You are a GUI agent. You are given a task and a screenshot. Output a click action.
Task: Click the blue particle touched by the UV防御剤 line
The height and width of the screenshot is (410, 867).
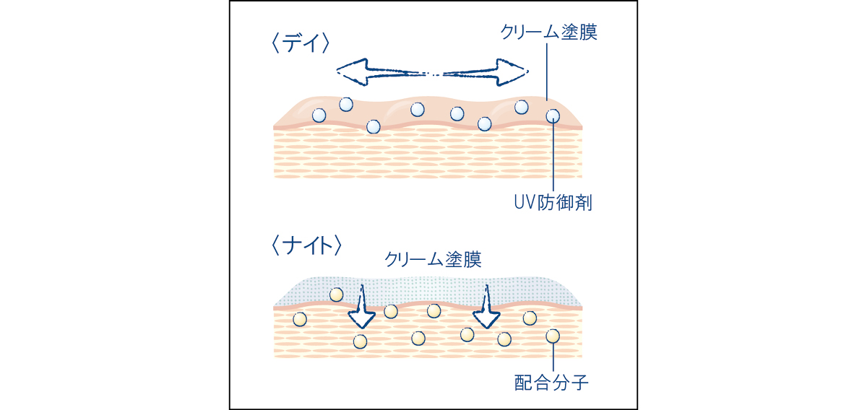[x=553, y=115]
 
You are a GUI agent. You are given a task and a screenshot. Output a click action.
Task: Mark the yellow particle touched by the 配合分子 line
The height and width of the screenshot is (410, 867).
[x=553, y=336]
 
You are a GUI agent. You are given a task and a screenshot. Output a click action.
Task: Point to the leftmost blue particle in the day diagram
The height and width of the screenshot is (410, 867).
[x=319, y=115]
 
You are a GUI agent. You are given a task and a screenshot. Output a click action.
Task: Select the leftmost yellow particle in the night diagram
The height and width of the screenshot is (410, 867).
[x=300, y=319]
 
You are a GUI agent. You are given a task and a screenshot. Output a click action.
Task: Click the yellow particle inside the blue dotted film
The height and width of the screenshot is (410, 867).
[x=336, y=294]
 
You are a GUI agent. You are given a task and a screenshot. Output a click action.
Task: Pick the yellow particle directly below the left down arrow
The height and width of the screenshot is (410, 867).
[x=360, y=341]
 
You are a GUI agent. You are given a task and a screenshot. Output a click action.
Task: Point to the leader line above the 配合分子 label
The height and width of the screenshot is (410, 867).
[x=553, y=357]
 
